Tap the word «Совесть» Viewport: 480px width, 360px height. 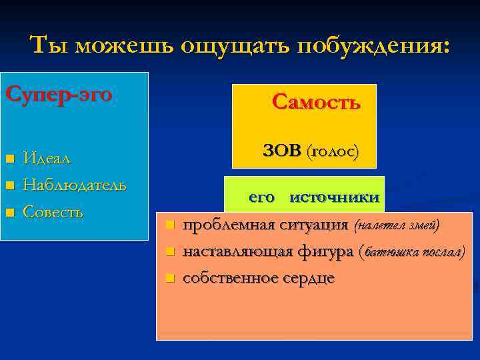click(x=53, y=212)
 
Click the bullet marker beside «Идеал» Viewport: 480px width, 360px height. click(x=9, y=159)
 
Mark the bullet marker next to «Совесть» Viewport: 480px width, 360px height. click(x=9, y=213)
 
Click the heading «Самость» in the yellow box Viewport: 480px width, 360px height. click(x=316, y=102)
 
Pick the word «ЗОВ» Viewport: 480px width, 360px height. click(x=282, y=151)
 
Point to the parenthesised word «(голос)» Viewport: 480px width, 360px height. click(x=332, y=151)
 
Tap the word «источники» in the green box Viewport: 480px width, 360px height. click(x=335, y=197)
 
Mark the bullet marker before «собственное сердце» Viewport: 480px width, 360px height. click(x=170, y=277)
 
